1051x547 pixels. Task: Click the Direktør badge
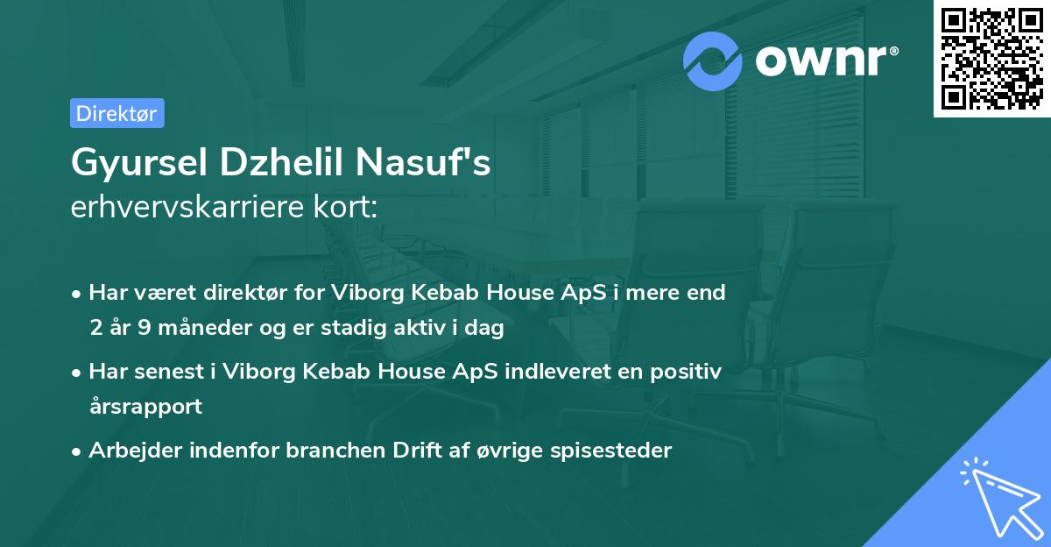point(116,113)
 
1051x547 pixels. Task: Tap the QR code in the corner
point(991,59)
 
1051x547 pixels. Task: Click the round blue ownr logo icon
point(713,61)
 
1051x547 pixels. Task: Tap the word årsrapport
point(145,407)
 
